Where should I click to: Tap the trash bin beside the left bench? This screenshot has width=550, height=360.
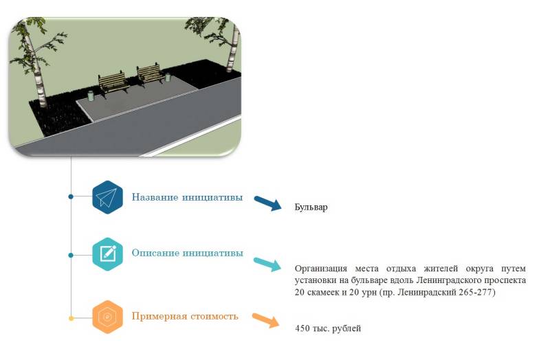click(91, 93)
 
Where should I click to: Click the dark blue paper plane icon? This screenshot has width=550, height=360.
click(107, 198)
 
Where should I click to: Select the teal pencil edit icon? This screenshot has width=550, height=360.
click(107, 254)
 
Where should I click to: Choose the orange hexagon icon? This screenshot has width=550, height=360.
click(107, 317)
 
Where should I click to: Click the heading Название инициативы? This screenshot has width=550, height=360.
click(187, 198)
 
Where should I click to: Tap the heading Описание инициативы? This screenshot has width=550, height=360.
click(187, 253)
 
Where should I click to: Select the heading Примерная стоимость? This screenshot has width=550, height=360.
click(185, 317)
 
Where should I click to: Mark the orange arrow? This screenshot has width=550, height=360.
click(265, 320)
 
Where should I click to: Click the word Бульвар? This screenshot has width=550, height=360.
click(311, 207)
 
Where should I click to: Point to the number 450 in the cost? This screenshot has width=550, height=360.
click(302, 328)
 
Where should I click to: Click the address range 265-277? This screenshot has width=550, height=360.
click(477, 293)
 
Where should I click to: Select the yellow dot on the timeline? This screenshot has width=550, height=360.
click(71, 318)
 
